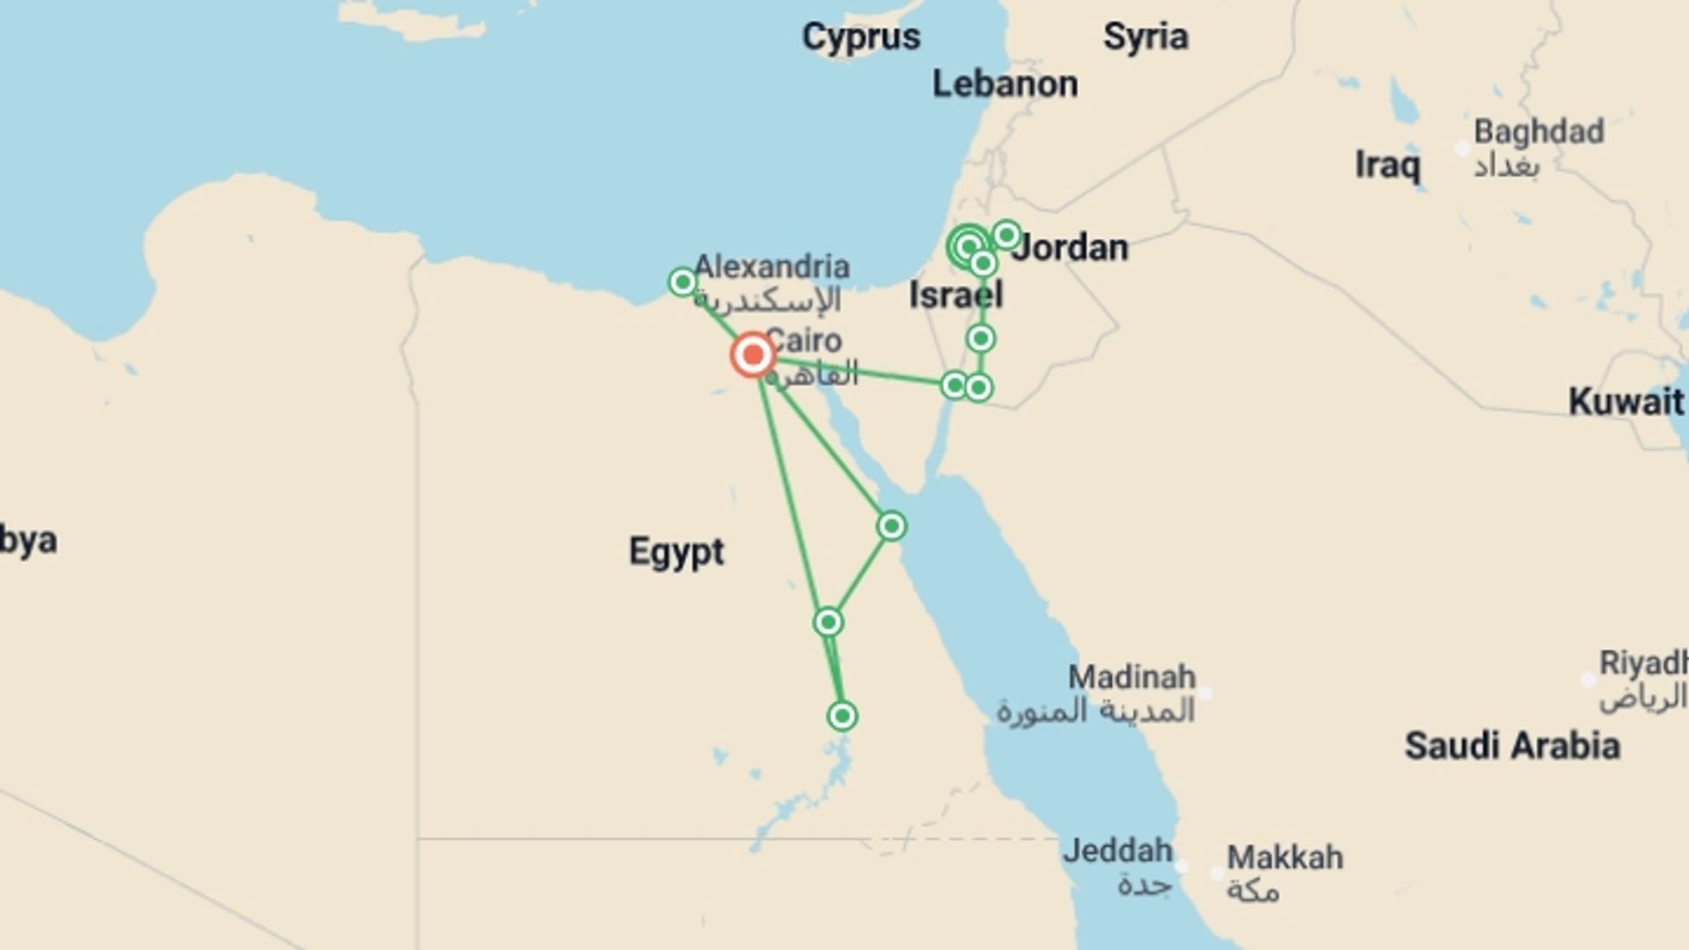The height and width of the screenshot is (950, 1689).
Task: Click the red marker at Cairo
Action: (x=752, y=355)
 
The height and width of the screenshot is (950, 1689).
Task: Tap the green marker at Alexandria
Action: (x=683, y=281)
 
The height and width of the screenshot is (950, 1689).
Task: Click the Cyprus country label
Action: (x=860, y=37)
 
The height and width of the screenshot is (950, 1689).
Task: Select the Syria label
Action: (x=1145, y=37)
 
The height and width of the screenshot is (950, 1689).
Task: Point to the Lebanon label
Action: (x=1005, y=84)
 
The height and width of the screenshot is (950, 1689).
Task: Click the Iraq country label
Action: (x=1386, y=164)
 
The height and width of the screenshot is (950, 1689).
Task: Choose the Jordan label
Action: (x=1070, y=248)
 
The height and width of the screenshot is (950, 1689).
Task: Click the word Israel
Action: (x=955, y=296)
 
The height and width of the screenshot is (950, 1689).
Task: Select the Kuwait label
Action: (x=1625, y=402)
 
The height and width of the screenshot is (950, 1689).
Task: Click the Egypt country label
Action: (x=676, y=552)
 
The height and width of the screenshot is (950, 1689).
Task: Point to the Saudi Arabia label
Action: (x=1511, y=746)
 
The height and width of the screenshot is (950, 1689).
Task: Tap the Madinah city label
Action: (x=1131, y=677)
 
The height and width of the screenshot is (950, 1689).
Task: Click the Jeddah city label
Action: (x=1117, y=851)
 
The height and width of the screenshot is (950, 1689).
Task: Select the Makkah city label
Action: (x=1284, y=858)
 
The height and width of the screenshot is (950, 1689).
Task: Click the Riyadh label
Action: (x=1642, y=663)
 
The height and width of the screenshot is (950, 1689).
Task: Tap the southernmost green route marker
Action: (x=842, y=716)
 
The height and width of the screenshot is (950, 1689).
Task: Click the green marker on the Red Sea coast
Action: (x=891, y=526)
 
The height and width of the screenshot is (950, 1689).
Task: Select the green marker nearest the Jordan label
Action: (x=1006, y=235)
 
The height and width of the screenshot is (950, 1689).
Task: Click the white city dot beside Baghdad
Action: (x=1462, y=149)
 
